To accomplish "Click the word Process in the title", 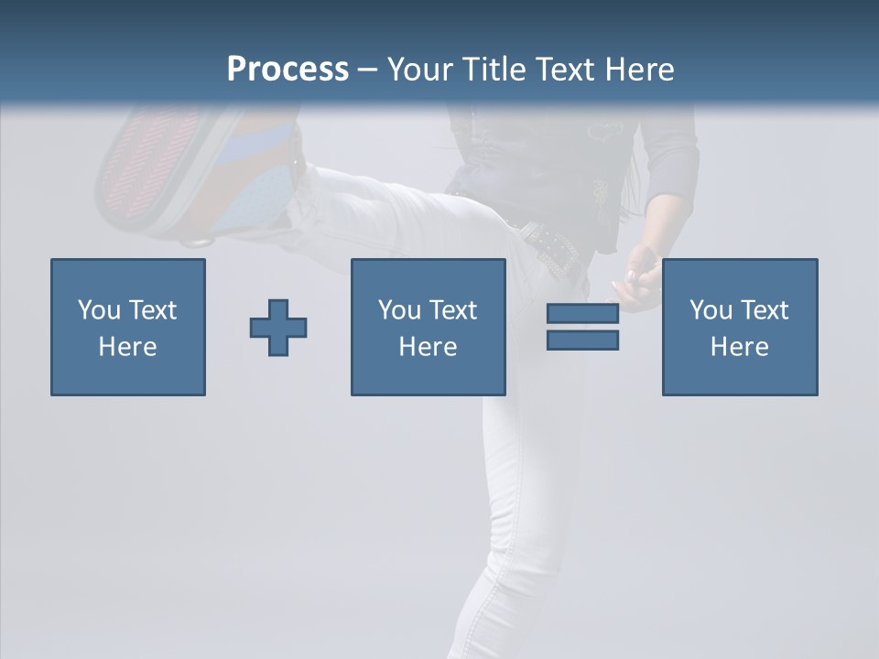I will (x=288, y=70).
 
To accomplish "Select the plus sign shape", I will (x=278, y=328).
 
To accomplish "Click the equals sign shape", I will (x=582, y=328).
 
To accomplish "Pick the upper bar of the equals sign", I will (x=582, y=315).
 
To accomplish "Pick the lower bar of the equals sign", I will (x=582, y=340).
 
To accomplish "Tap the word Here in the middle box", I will (x=428, y=347).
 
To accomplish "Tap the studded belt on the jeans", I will (x=549, y=247).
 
